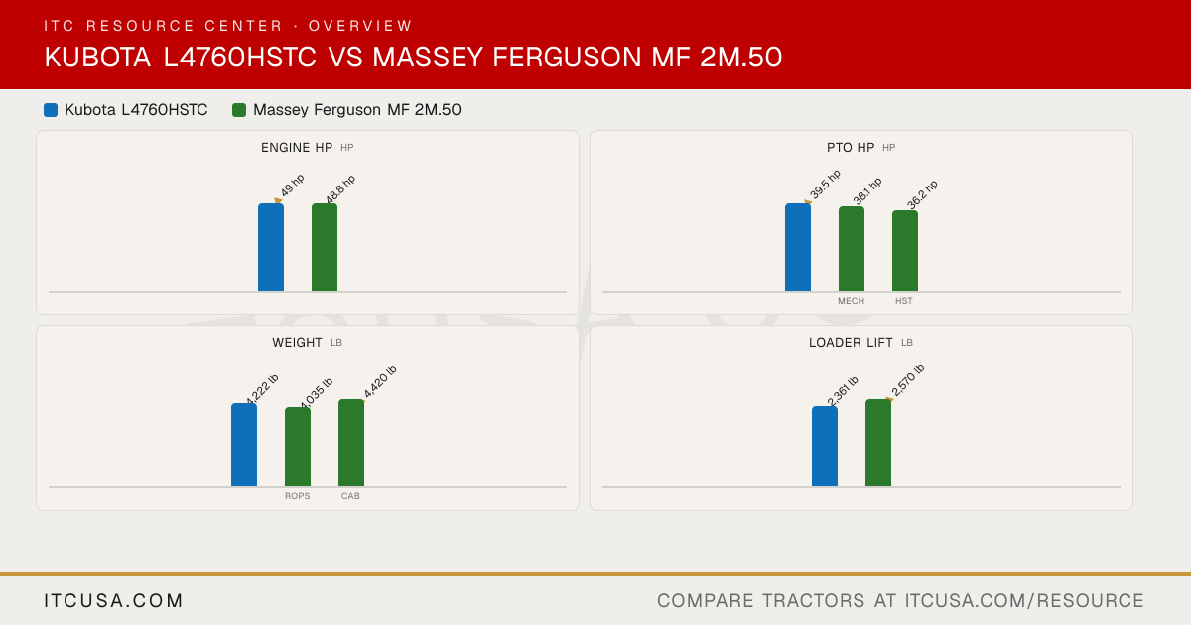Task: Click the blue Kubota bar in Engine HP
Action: [x=271, y=247]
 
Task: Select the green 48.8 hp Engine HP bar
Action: [x=325, y=247]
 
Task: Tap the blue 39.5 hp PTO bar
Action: [x=798, y=247]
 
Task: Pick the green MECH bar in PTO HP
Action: [x=852, y=249]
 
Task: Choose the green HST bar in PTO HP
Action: [x=905, y=251]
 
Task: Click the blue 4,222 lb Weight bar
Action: [x=244, y=444]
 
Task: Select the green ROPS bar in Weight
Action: [x=298, y=447]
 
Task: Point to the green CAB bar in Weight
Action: [x=351, y=442]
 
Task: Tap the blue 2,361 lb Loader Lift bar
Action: [x=825, y=446]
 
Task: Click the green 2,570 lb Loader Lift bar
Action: [x=878, y=442]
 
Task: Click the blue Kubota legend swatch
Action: [x=51, y=110]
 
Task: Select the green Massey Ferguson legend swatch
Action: [x=239, y=110]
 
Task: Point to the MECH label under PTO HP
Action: [x=851, y=301]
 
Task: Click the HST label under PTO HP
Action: [x=904, y=301]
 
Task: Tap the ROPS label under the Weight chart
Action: [x=297, y=496]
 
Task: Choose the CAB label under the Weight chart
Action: [x=350, y=496]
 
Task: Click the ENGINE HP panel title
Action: [x=297, y=148]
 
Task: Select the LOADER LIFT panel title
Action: [x=851, y=343]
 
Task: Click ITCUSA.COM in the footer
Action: [x=113, y=601]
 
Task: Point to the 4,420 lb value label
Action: [x=379, y=382]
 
